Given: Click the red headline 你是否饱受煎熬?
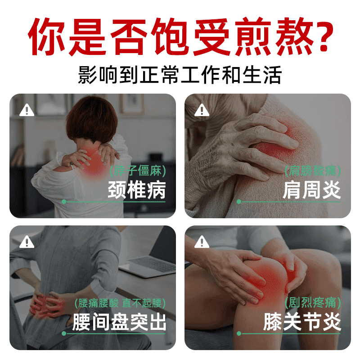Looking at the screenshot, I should tap(180, 36).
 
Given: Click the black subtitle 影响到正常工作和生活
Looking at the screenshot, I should tap(180, 75).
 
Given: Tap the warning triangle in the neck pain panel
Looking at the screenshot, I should tap(27, 110).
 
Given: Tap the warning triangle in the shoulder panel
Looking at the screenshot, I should tap(202, 110).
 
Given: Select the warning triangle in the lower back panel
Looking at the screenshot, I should tap(27, 242).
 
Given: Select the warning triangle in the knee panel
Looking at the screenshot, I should tap(202, 242).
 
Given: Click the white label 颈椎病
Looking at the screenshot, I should tap(137, 190).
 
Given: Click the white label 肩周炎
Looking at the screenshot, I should tap(311, 190).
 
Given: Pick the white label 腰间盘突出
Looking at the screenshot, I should tap(119, 322).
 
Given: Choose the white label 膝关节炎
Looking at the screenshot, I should tap(302, 322).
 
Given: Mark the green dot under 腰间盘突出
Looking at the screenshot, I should tap(64, 333).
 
